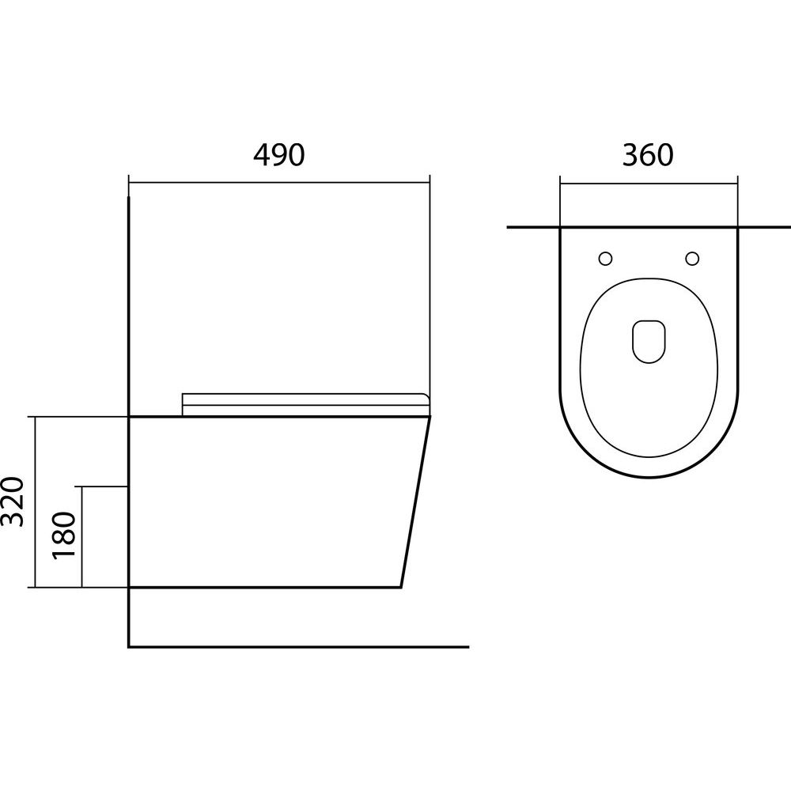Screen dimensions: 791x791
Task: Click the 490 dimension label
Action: coord(279,155)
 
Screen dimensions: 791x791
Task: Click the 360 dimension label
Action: coord(648,155)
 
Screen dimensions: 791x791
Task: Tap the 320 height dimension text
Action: coord(13,501)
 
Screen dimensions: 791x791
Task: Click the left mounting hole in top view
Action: coord(605,259)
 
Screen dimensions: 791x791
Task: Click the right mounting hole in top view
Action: coord(692,259)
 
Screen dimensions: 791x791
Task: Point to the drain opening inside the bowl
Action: coord(649,341)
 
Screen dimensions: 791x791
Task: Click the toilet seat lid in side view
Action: coord(305,404)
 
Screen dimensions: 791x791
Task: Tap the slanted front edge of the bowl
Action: coord(416,502)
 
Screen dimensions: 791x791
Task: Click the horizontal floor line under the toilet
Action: coord(299,646)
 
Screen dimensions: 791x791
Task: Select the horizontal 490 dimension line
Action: coord(279,182)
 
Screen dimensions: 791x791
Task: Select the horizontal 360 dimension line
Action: coord(649,184)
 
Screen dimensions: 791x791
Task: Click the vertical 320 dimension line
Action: coord(36,502)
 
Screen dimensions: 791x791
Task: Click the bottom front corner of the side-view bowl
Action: coord(401,588)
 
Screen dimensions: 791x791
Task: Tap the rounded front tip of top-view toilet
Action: coord(649,477)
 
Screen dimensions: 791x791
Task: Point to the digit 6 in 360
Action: coord(648,155)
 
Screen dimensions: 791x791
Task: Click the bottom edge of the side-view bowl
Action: coord(265,588)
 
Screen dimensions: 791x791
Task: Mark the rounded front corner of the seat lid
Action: coord(425,397)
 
